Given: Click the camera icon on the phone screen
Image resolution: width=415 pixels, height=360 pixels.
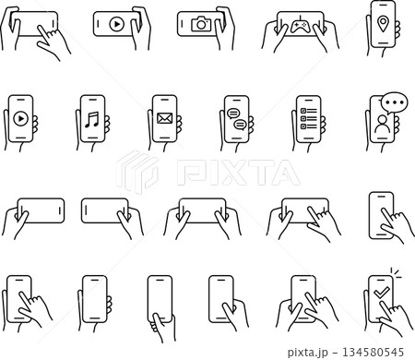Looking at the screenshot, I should [200, 25].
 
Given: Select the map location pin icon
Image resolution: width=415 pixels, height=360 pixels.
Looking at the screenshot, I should [382, 21].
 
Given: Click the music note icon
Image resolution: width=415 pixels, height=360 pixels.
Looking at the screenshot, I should [91, 119].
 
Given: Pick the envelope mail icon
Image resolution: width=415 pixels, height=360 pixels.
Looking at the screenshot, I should [164, 119].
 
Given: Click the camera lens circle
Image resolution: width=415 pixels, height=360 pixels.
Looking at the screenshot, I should [200, 26].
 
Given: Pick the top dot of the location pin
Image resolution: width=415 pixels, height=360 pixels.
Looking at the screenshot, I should [382, 18].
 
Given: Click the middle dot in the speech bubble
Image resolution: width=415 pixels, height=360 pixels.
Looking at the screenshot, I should [395, 102].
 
